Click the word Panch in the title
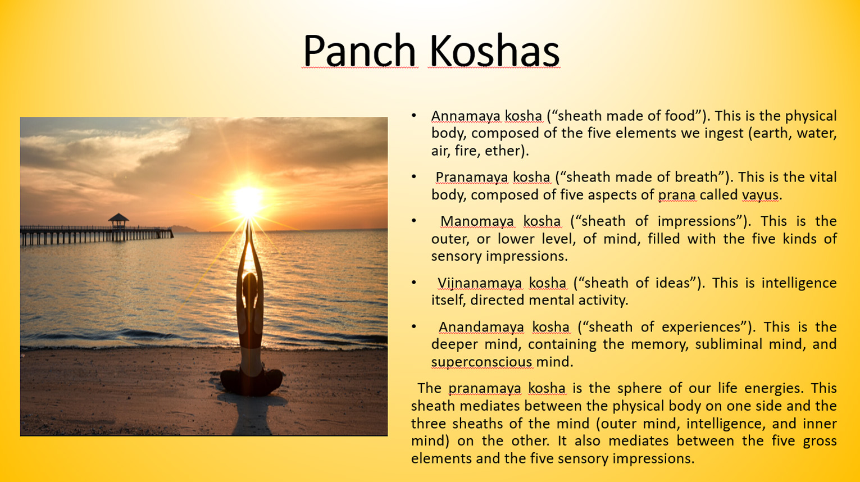(x=360, y=51)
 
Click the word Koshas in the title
(x=494, y=51)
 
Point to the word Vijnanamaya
(x=480, y=283)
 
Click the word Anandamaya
(x=481, y=327)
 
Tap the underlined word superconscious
(x=482, y=362)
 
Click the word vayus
(x=760, y=195)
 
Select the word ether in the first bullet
(x=503, y=151)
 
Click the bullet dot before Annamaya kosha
(x=414, y=115)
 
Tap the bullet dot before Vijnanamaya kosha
(x=414, y=283)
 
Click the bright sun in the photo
(x=248, y=200)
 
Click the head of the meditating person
(x=250, y=284)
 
